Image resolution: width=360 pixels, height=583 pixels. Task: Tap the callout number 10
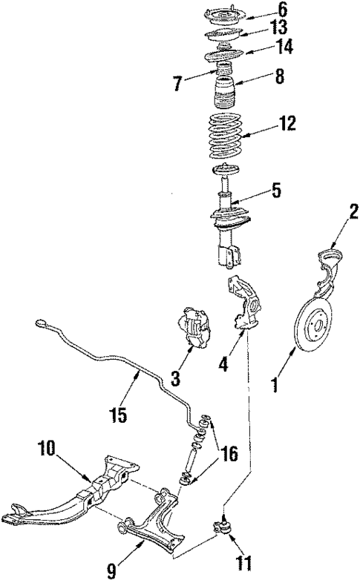click(45, 449)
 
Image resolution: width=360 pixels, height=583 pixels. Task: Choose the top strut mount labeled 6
click(223, 15)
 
